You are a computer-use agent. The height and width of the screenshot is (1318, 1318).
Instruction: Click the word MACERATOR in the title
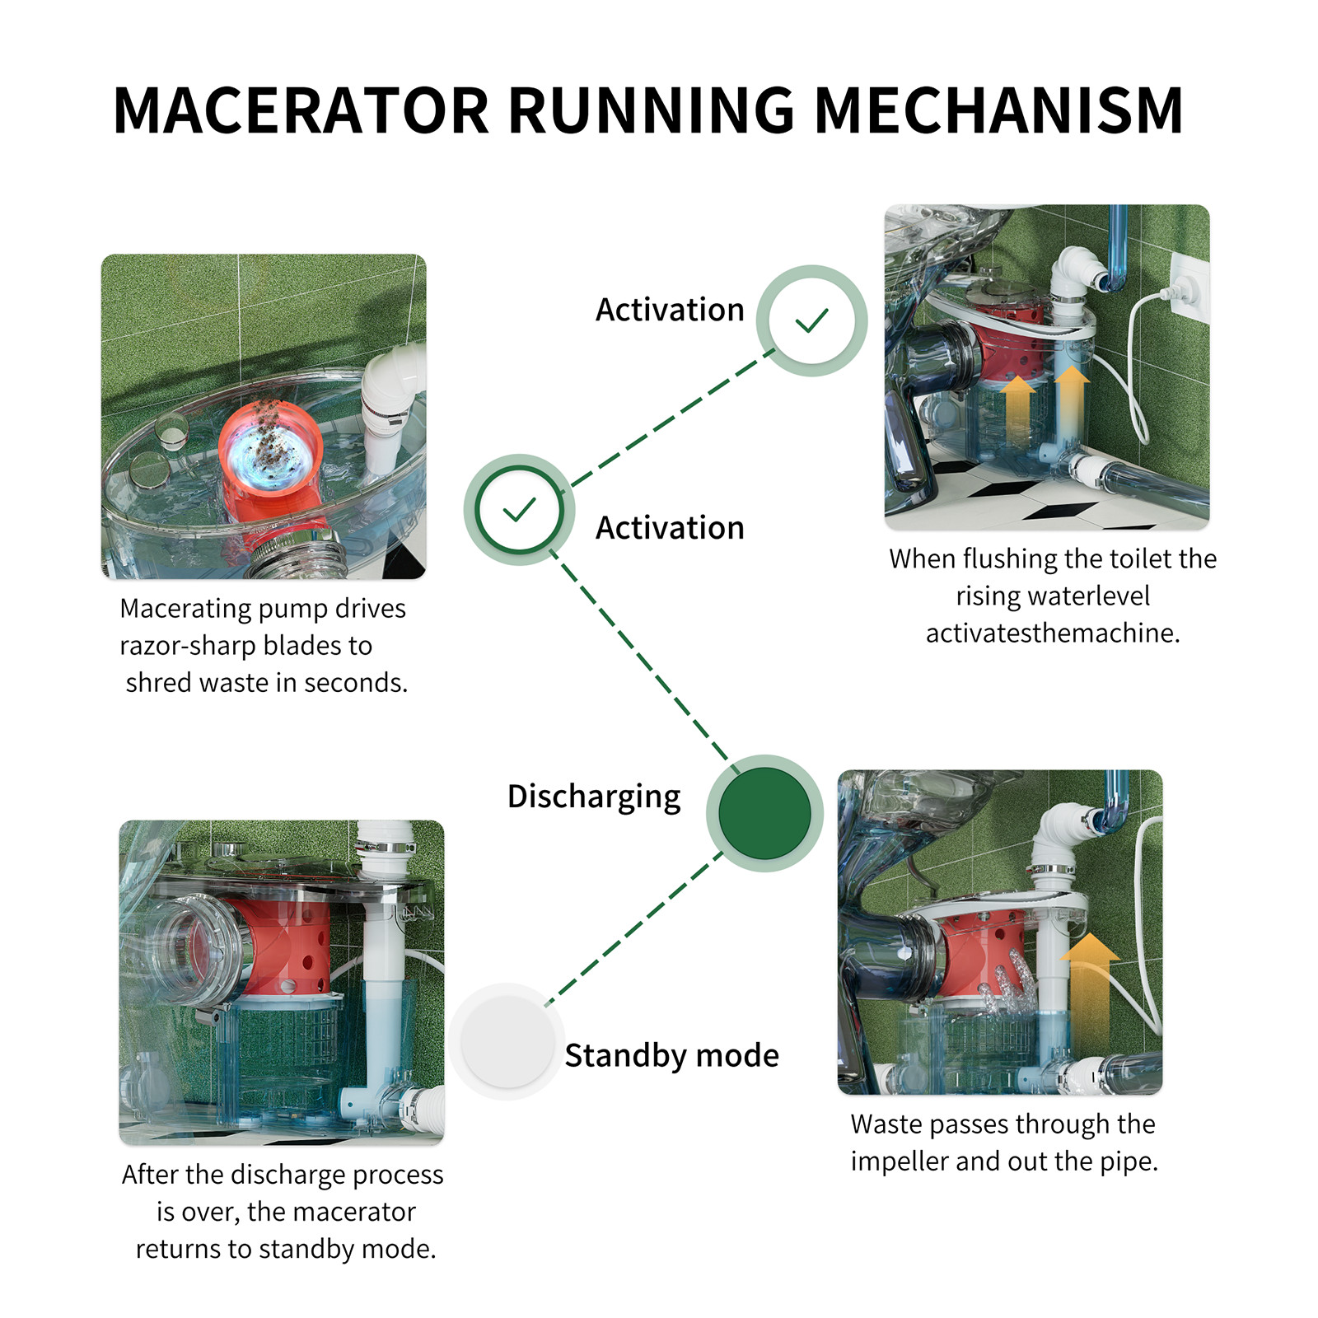tap(301, 110)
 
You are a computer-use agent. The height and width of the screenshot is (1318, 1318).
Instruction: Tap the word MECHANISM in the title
tap(998, 110)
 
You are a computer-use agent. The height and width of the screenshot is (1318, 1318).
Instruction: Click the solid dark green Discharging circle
tap(764, 813)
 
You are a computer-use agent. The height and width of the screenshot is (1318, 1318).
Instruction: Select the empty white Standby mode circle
tap(507, 1042)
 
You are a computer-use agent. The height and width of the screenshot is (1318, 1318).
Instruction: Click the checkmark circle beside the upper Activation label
tap(811, 320)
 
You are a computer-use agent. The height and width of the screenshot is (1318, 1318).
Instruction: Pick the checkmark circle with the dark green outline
tap(519, 510)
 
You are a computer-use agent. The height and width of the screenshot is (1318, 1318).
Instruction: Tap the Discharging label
tap(594, 797)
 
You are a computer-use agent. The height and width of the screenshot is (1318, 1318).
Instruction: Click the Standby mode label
tap(671, 1055)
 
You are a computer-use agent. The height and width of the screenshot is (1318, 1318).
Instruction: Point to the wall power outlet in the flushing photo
tap(1187, 285)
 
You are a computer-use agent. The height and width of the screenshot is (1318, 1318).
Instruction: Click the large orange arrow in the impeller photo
tap(1088, 988)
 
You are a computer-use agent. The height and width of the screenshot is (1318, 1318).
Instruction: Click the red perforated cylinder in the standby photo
tap(288, 947)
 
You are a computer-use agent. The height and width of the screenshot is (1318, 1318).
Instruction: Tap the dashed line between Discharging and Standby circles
tap(634, 927)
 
